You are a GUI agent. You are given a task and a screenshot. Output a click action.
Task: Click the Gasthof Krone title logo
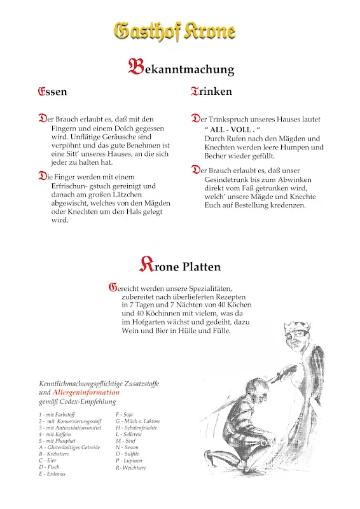coord(174,31)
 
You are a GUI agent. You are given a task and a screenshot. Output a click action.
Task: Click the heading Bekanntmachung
coord(181,67)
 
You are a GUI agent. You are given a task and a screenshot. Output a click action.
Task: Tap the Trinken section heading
coord(211,92)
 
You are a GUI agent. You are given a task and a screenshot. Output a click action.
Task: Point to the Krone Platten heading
coord(180,265)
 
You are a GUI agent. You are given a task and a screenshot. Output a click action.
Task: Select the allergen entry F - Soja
coord(124,414)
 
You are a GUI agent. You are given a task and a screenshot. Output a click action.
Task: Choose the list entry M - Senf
coord(125,441)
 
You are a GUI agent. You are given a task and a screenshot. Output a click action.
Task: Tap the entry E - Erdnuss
coord(53,474)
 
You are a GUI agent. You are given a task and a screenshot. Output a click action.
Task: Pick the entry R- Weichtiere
coord(131,468)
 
